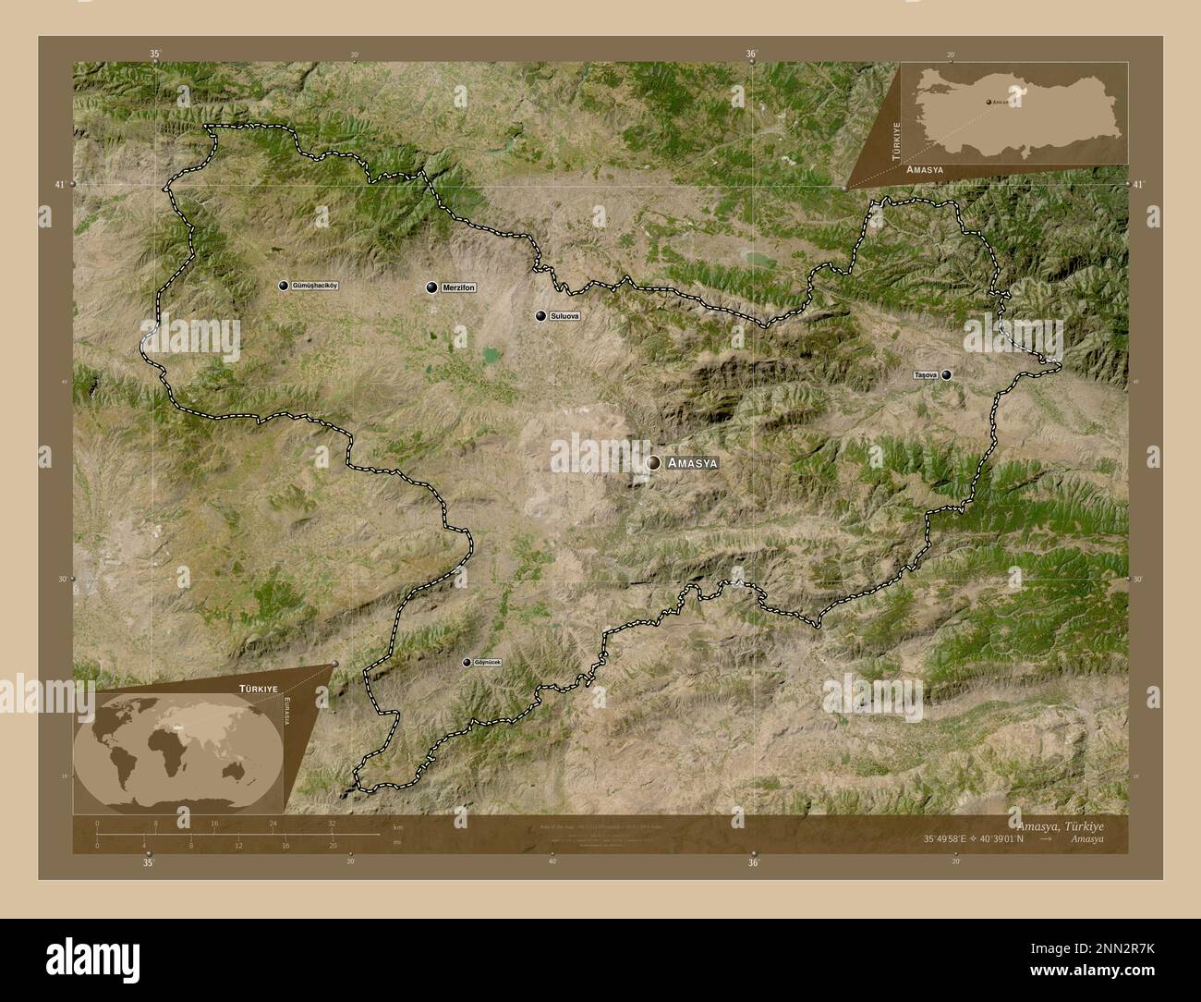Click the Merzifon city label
[x=458, y=287]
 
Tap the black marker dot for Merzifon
[x=431, y=287]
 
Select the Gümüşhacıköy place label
[x=315, y=286]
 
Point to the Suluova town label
[x=564, y=316]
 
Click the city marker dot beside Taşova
[x=946, y=374]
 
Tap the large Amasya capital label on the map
[x=692, y=462]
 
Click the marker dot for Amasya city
[x=654, y=462]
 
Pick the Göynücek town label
[x=487, y=662]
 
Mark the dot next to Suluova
[x=540, y=316]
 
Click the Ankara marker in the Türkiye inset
[x=988, y=102]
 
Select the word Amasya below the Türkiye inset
[x=925, y=171]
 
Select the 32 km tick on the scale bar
[x=331, y=823]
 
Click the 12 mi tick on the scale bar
[x=238, y=845]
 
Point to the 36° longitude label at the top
[x=752, y=55]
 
